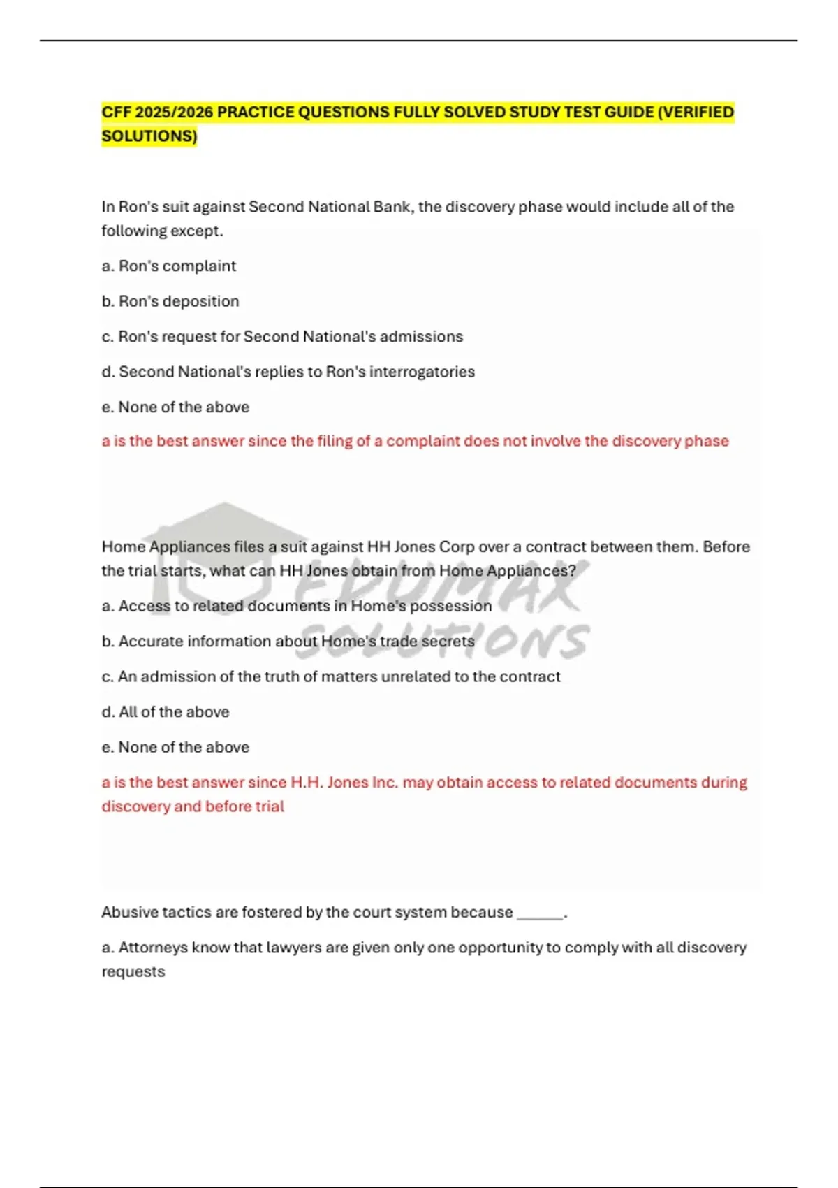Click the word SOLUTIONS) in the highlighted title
point(149,136)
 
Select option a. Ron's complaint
point(169,266)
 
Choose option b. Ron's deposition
point(170,301)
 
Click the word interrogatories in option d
point(422,372)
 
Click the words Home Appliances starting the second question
point(166,546)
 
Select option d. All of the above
point(166,712)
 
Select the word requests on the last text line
point(133,971)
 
